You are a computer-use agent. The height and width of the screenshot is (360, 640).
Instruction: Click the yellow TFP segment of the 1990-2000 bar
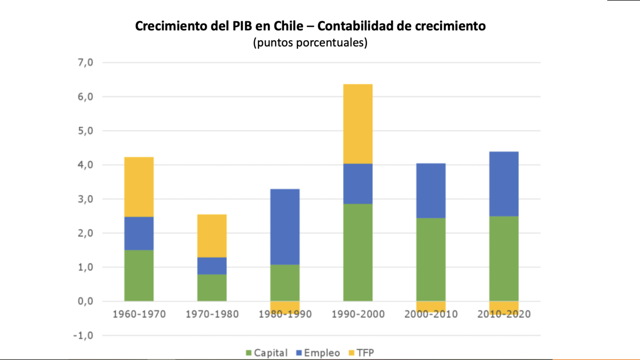tap(358, 124)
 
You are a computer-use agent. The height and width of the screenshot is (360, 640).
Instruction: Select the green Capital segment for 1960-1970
tap(139, 275)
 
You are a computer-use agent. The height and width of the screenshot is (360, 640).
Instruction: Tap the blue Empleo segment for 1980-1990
tap(285, 226)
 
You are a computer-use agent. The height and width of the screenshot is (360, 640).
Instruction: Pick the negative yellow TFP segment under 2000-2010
tap(431, 306)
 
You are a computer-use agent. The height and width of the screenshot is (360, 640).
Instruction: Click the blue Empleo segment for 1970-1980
tap(212, 266)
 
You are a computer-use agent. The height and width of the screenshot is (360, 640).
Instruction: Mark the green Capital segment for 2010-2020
tap(504, 258)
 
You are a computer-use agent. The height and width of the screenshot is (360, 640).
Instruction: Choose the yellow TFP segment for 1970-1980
tap(212, 236)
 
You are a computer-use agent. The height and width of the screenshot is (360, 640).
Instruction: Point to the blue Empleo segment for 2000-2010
tap(431, 190)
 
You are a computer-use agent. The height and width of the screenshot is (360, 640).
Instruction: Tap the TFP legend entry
tap(361, 353)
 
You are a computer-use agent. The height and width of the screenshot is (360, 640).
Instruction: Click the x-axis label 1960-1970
tap(139, 314)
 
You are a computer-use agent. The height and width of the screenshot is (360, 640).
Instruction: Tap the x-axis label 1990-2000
tap(358, 314)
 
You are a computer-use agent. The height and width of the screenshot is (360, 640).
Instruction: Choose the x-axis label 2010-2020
tap(504, 314)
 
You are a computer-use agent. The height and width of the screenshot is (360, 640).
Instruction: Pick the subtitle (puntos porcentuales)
tap(310, 43)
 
